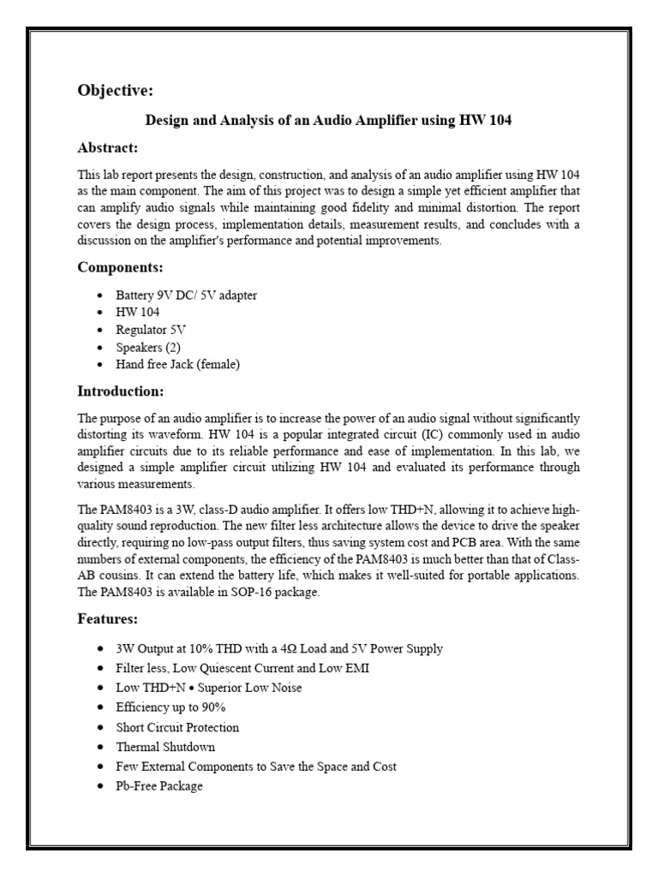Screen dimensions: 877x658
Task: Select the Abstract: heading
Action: point(108,147)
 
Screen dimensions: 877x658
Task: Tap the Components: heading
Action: point(121,267)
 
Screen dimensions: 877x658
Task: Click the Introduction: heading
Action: point(120,391)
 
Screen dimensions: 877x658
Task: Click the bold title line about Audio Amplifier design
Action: point(328,120)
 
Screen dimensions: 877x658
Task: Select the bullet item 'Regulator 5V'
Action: point(151,330)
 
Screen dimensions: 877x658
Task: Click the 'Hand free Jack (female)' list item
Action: point(178,364)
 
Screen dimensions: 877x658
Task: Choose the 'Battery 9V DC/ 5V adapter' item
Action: point(186,295)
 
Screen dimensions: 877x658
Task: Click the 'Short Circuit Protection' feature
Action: point(177,727)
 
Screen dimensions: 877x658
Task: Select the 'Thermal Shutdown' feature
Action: point(165,747)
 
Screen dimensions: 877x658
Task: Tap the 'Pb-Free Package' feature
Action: point(159,785)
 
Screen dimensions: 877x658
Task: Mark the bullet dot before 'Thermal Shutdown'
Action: point(101,747)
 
